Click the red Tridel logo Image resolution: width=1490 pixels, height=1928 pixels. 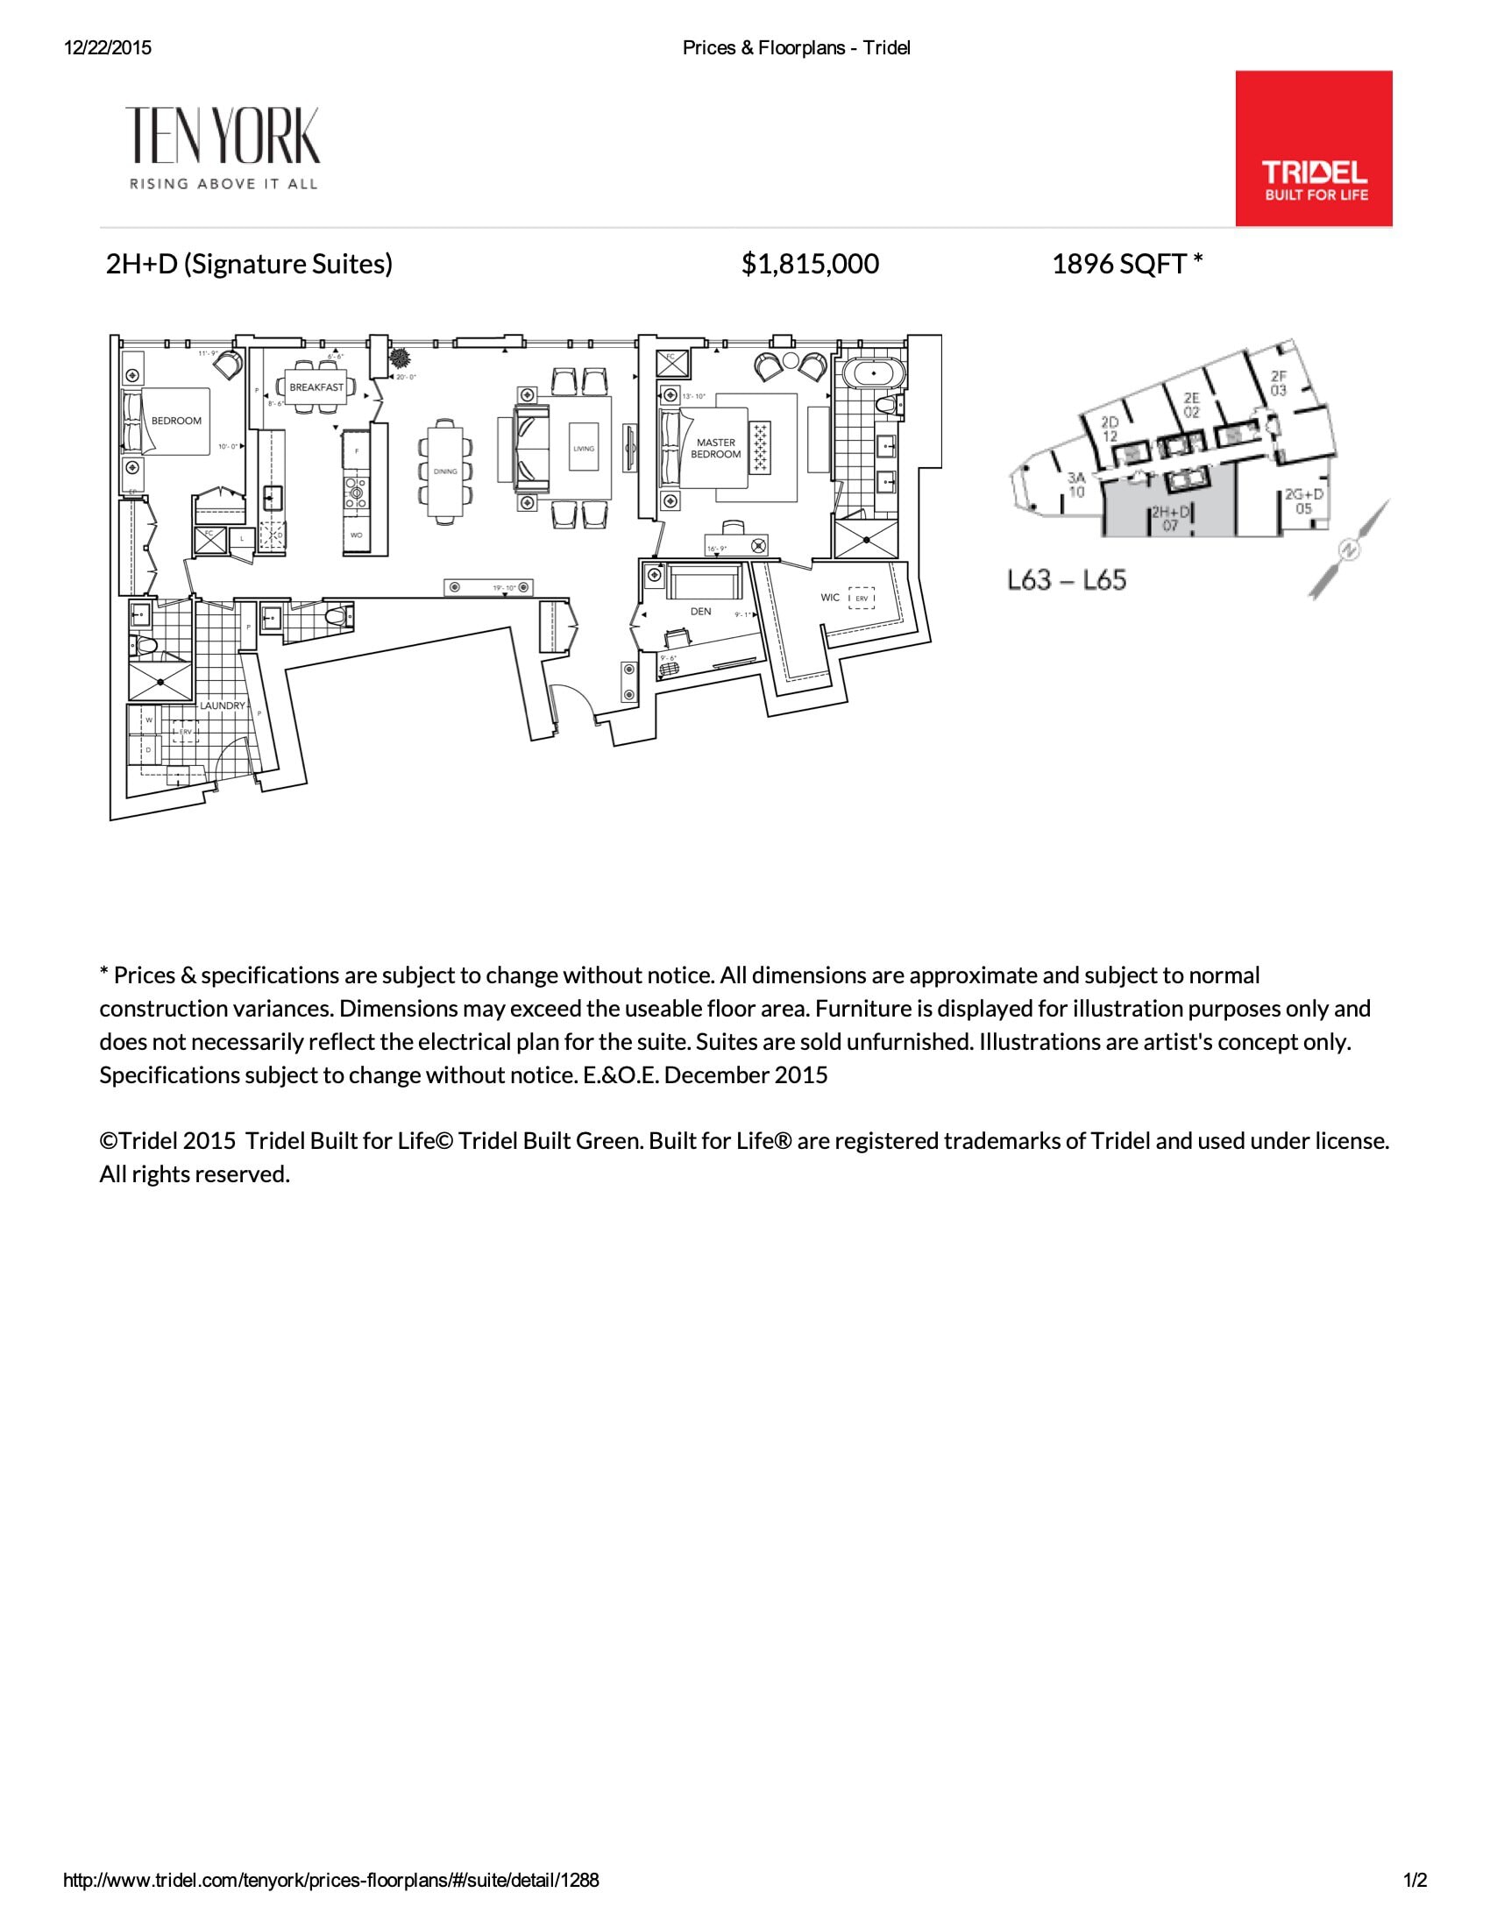coord(1314,148)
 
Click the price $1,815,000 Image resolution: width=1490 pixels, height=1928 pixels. coord(810,264)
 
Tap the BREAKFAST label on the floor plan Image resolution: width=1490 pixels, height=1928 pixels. coord(316,387)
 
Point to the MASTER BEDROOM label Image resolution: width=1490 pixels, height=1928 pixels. coord(716,449)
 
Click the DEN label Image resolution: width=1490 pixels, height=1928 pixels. coord(700,611)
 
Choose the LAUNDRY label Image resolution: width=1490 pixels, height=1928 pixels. coord(222,705)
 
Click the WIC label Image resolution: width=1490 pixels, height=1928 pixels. coord(830,598)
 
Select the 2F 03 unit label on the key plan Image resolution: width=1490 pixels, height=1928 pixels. coord(1278,383)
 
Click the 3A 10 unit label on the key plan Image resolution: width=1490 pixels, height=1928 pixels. coord(1076,485)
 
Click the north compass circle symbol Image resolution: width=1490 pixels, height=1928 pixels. coord(1350,549)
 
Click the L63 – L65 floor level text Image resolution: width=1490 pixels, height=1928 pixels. coord(1067,580)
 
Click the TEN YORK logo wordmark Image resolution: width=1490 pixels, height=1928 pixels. coord(223,137)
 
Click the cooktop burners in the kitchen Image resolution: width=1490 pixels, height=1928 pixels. coord(358,492)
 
